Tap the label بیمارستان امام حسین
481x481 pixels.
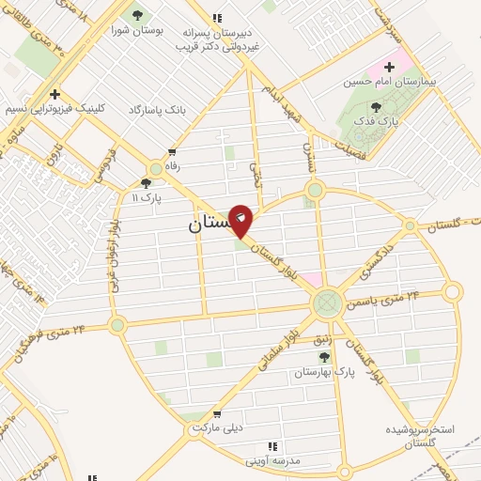(416, 82)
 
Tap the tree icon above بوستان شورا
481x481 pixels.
(139, 16)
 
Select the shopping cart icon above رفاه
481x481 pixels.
(171, 152)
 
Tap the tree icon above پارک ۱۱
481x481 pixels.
(146, 183)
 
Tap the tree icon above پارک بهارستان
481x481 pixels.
(324, 357)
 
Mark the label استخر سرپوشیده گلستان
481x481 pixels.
(420, 435)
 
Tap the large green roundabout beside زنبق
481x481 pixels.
(328, 303)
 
